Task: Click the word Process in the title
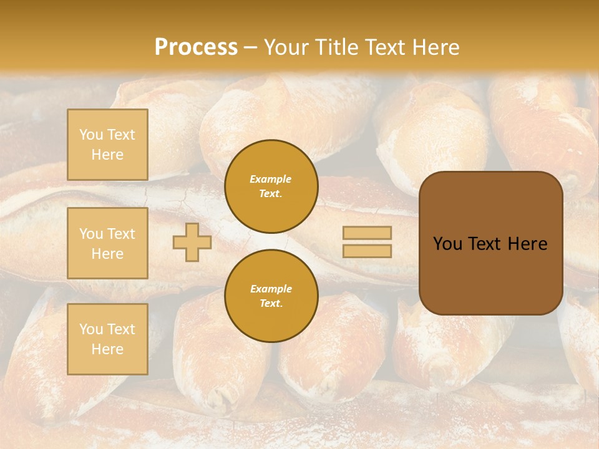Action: [196, 47]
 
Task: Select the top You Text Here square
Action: [107, 145]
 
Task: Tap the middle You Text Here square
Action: [107, 243]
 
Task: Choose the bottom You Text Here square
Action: [107, 339]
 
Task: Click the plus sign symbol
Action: [192, 242]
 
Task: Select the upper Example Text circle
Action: [271, 186]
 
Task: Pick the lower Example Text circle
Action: [271, 296]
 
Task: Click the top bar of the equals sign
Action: [367, 233]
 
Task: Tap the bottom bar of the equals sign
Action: [367, 251]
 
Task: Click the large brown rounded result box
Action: [490, 243]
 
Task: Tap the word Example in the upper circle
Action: [271, 179]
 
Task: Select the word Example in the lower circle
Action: [271, 289]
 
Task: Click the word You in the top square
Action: [91, 135]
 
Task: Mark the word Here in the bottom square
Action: [107, 349]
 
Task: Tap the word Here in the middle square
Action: [107, 254]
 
